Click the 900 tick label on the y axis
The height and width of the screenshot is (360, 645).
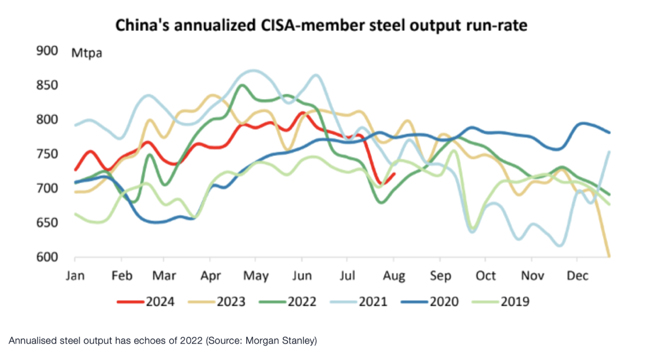click(x=47, y=51)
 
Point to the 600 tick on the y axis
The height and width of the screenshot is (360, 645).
click(x=47, y=257)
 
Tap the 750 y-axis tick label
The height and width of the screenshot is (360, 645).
click(x=47, y=154)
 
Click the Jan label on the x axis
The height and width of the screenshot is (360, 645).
click(x=75, y=276)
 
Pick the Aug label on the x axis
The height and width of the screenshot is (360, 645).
click(x=395, y=276)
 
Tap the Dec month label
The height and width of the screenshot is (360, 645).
click(x=577, y=276)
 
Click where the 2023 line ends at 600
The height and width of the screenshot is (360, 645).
click(x=608, y=256)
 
